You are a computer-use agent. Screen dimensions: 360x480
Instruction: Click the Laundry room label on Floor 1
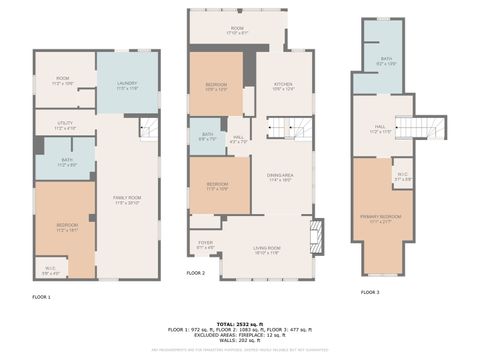[x=126, y=85]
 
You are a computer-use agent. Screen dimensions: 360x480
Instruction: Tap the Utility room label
[x=65, y=127]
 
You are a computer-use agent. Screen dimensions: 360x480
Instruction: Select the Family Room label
[x=126, y=201]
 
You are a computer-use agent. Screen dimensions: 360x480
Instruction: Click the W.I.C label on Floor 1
[x=51, y=269]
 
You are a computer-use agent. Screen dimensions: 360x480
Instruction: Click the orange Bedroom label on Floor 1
[x=66, y=227]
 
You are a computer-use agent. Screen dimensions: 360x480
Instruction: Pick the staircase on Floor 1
[x=149, y=128]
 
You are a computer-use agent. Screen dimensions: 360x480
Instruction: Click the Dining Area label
[x=279, y=178]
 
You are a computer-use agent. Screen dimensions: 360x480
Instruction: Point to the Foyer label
[x=205, y=243]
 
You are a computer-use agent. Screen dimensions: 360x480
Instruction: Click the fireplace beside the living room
[x=319, y=235]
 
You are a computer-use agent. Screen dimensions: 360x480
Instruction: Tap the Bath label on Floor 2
[x=207, y=136]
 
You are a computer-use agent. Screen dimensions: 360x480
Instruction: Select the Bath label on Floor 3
[x=387, y=62]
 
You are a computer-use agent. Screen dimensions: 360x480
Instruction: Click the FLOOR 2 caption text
[x=196, y=273]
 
